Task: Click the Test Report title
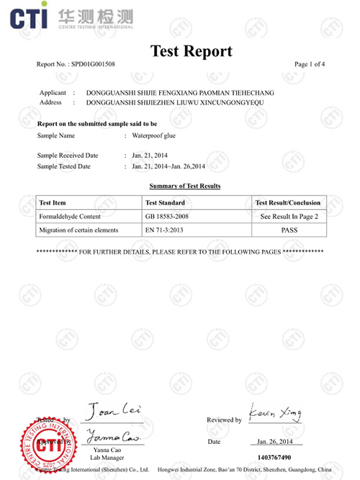191,51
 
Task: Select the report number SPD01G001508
94,64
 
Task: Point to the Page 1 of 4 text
310,64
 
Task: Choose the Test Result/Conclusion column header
288,203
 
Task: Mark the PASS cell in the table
288,230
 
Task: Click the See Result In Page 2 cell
288,216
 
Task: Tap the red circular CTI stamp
45,445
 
